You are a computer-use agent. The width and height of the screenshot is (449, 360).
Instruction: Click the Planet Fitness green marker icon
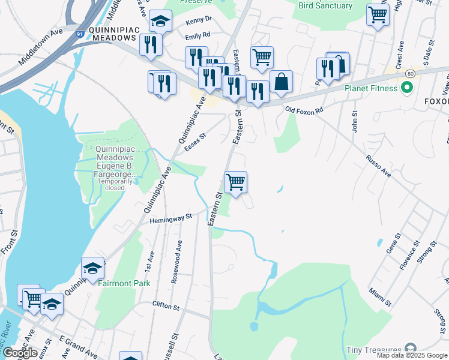[406, 89]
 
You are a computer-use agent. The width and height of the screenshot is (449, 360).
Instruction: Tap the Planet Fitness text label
[370, 89]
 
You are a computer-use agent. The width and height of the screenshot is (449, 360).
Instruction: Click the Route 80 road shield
[409, 73]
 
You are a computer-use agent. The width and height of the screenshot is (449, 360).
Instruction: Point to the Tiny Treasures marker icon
[411, 349]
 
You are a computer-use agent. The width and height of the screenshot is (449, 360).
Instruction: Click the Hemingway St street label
[170, 217]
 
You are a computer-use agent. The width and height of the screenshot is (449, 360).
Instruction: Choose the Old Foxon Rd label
[304, 110]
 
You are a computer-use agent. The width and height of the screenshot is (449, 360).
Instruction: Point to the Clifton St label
[166, 307]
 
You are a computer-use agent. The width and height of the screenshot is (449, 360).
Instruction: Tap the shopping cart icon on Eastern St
[235, 181]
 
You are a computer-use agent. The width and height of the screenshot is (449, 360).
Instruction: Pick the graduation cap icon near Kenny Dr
[160, 22]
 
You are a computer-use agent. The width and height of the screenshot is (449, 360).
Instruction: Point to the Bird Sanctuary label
[325, 5]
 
